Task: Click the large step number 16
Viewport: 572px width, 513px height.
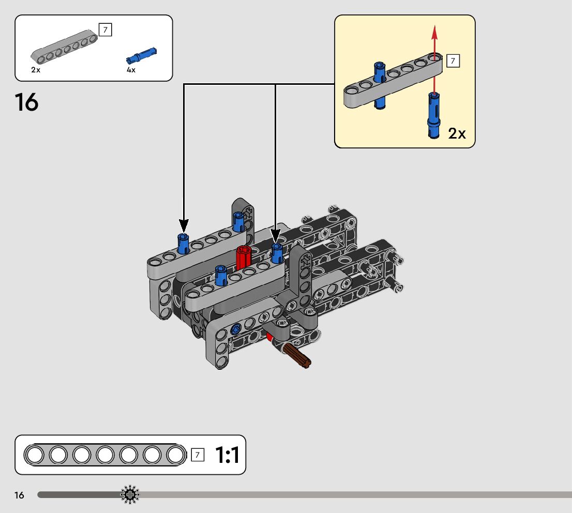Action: [x=26, y=102]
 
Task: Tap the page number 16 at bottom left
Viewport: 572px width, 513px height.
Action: [x=19, y=495]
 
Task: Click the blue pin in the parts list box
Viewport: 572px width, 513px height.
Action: [x=141, y=54]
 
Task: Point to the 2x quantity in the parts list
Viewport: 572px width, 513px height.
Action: [x=35, y=70]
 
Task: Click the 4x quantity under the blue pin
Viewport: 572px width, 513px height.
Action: [x=131, y=70]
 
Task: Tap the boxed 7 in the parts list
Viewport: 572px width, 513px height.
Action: [x=105, y=30]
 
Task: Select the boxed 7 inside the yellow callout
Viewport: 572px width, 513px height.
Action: [x=453, y=61]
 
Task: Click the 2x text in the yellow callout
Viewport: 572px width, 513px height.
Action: [x=457, y=134]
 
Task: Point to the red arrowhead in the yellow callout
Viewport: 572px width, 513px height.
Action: [x=435, y=32]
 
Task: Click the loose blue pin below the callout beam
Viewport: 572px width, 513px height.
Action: [x=433, y=114]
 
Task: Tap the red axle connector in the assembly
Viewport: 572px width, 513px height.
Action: [x=243, y=257]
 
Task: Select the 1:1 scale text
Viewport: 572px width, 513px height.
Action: [x=227, y=455]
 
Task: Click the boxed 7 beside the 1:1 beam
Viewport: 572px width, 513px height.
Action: [x=197, y=455]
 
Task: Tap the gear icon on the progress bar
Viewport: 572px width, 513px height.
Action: [x=130, y=495]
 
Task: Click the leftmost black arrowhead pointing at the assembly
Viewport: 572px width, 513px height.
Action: [x=184, y=225]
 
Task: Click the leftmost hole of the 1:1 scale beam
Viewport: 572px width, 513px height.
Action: [x=35, y=455]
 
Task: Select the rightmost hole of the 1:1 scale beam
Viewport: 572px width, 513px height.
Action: [x=175, y=455]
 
